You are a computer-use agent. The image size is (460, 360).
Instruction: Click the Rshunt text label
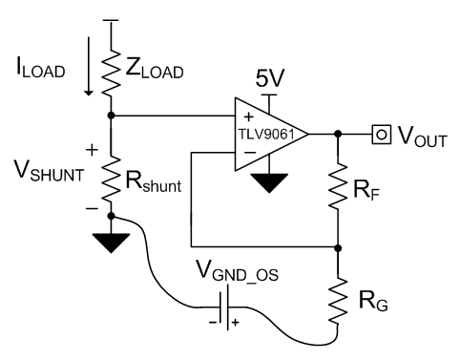click(x=156, y=181)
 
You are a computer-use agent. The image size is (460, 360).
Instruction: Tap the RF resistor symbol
click(x=338, y=190)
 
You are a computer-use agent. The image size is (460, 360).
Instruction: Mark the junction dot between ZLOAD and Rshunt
click(x=113, y=116)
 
